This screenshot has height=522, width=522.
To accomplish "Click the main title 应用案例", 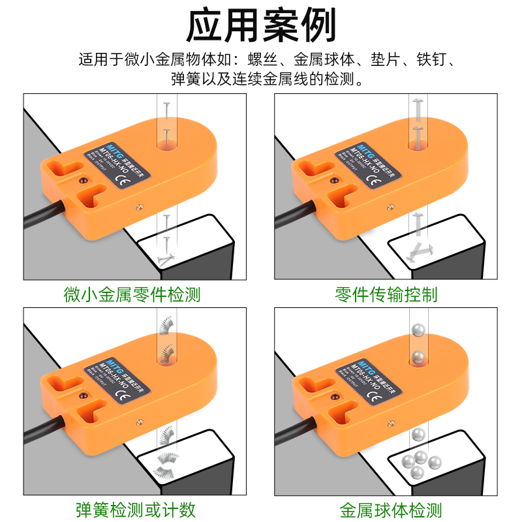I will (x=261, y=25).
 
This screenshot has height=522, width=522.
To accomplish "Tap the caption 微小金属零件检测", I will (x=132, y=294).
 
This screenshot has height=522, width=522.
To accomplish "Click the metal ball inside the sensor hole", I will (x=417, y=356).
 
